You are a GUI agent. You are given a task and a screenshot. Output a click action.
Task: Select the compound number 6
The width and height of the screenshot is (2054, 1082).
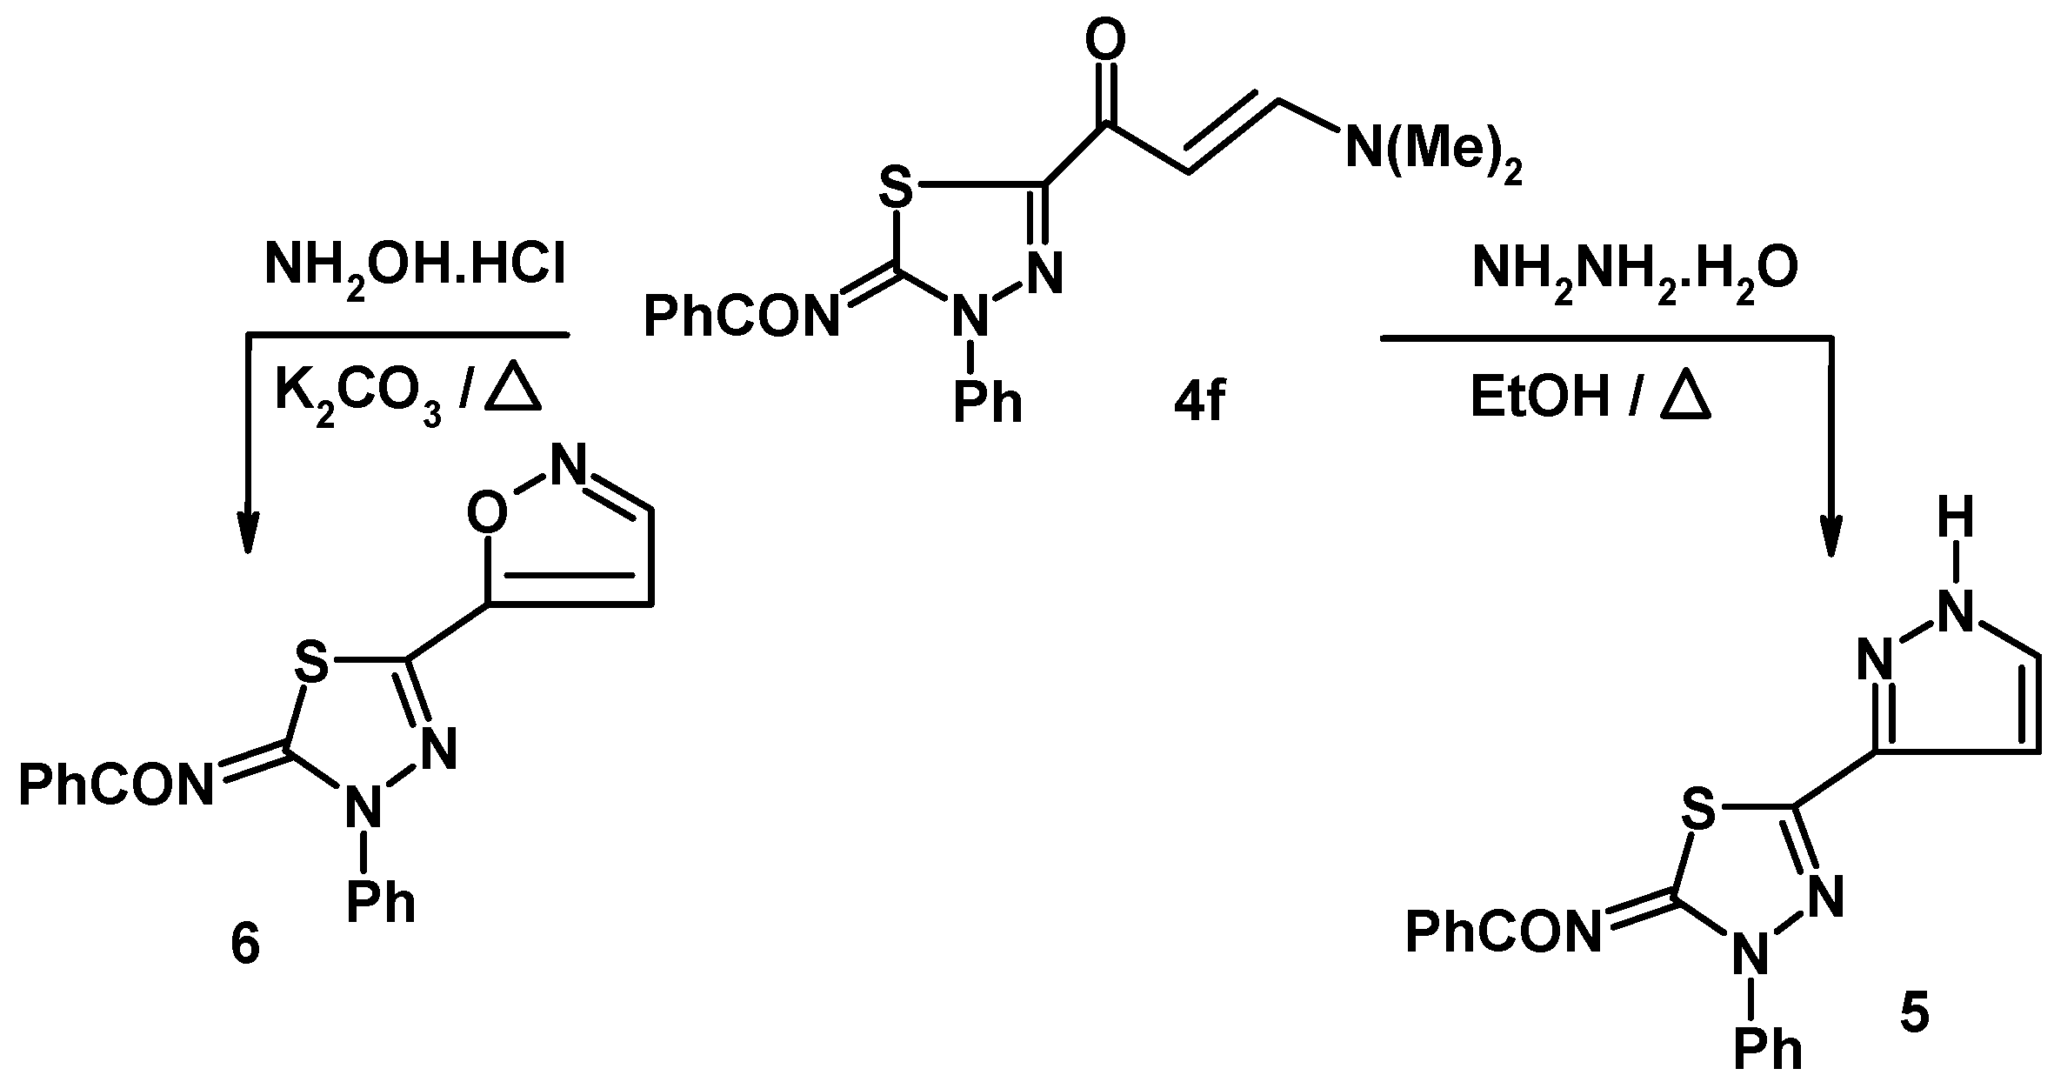(x=245, y=946)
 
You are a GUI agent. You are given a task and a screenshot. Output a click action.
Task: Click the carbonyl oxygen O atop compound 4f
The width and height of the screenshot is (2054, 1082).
(x=1106, y=39)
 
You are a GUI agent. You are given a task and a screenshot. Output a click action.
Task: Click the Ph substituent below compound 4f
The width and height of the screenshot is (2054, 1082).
(x=988, y=403)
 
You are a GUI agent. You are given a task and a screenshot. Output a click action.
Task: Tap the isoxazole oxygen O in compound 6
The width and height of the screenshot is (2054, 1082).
(x=487, y=513)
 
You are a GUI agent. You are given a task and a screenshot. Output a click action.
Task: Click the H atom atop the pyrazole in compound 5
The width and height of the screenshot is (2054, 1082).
(x=1957, y=522)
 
